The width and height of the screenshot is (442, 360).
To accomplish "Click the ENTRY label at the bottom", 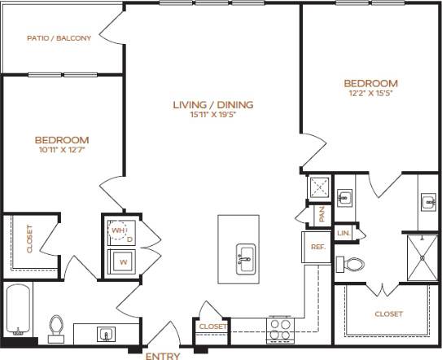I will (x=163, y=355).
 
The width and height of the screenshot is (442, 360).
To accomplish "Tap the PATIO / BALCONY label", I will (x=59, y=37).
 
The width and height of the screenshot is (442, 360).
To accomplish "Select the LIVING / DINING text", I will (x=213, y=104).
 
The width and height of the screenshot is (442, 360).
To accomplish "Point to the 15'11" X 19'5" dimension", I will (x=213, y=115).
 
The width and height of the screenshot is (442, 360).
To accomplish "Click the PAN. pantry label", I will (x=322, y=214).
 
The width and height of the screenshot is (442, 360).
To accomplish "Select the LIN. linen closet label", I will (x=344, y=234).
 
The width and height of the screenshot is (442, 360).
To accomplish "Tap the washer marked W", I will (x=123, y=262).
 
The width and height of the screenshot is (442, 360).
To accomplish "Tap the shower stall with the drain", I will (x=422, y=255).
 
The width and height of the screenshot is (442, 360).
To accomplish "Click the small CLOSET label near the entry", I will (x=212, y=327).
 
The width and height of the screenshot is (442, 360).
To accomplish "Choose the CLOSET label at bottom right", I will (x=387, y=314).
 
